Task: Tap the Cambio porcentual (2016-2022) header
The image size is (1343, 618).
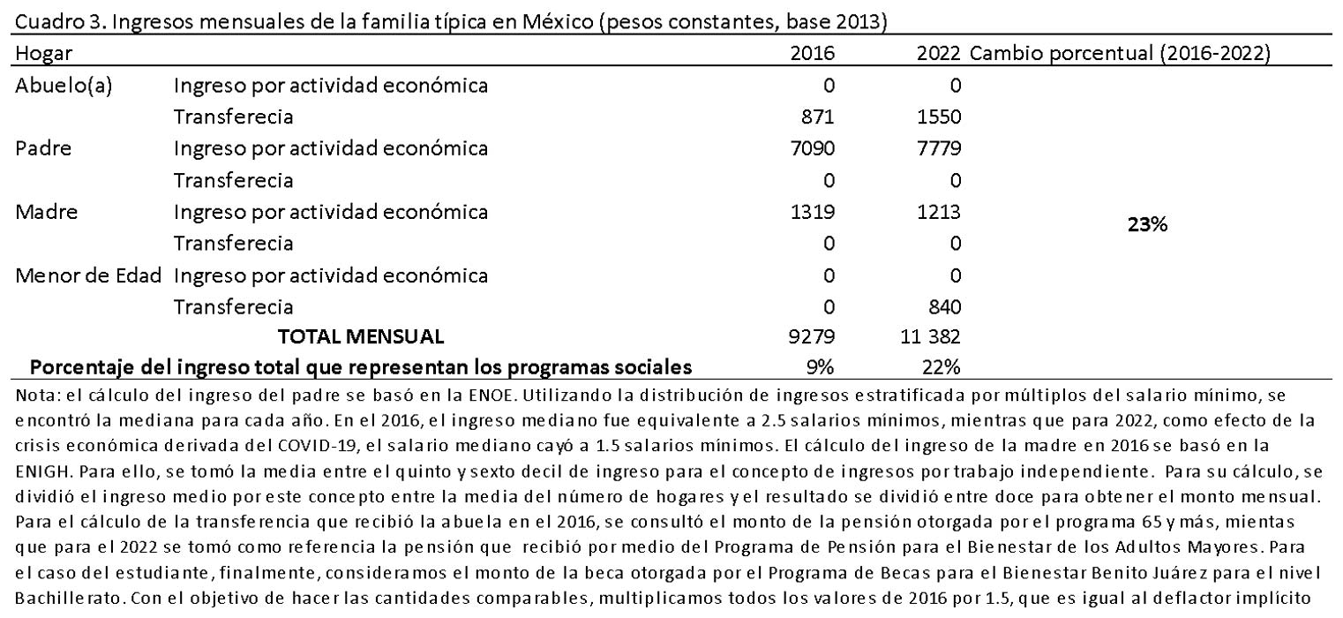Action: coord(1120,54)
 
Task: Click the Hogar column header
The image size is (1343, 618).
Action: coord(43,54)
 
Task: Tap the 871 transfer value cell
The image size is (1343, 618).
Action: coord(817,117)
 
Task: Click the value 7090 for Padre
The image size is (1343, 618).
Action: coord(814,148)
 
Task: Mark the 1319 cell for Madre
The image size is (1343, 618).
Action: coord(814,212)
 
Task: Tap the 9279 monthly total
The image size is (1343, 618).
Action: coord(814,337)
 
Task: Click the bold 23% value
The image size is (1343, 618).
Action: coord(1150,225)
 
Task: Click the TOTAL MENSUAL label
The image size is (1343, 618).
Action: coord(362,337)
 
